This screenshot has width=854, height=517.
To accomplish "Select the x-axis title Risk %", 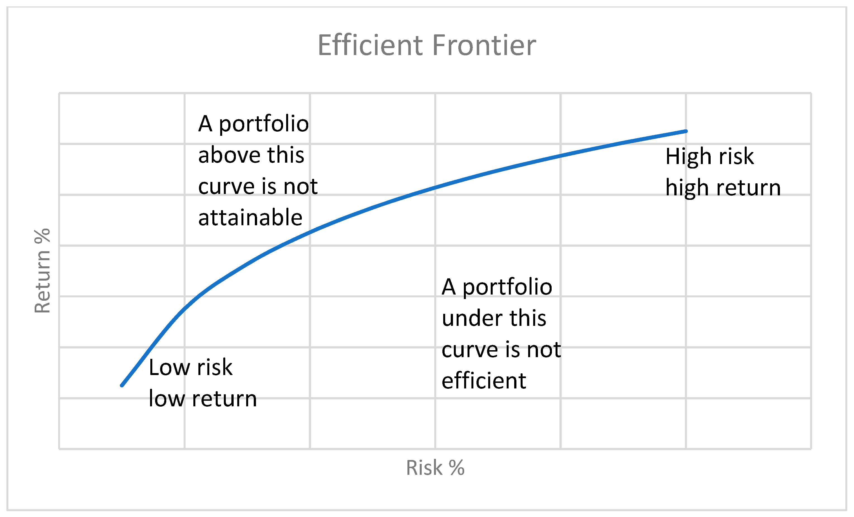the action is click(x=435, y=468).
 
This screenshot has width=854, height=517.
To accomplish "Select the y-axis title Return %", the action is click(x=42, y=271).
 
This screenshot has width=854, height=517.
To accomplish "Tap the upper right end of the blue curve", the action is click(x=686, y=131).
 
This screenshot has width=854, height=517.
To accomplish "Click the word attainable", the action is click(x=250, y=218).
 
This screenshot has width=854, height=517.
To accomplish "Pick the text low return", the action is click(x=203, y=399).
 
